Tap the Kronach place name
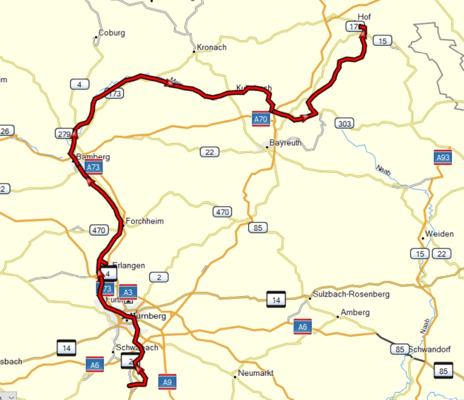(x=211, y=47)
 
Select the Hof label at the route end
(x=364, y=17)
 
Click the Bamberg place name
(x=93, y=157)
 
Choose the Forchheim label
(x=144, y=221)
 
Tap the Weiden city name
(x=439, y=234)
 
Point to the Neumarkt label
(x=256, y=373)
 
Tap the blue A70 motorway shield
(x=260, y=119)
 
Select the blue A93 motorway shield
(x=443, y=158)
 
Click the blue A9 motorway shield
(x=167, y=382)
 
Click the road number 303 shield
(x=344, y=124)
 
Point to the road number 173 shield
(x=114, y=94)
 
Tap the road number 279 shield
(x=63, y=133)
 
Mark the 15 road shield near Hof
(x=382, y=40)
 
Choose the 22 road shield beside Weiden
(x=442, y=253)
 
